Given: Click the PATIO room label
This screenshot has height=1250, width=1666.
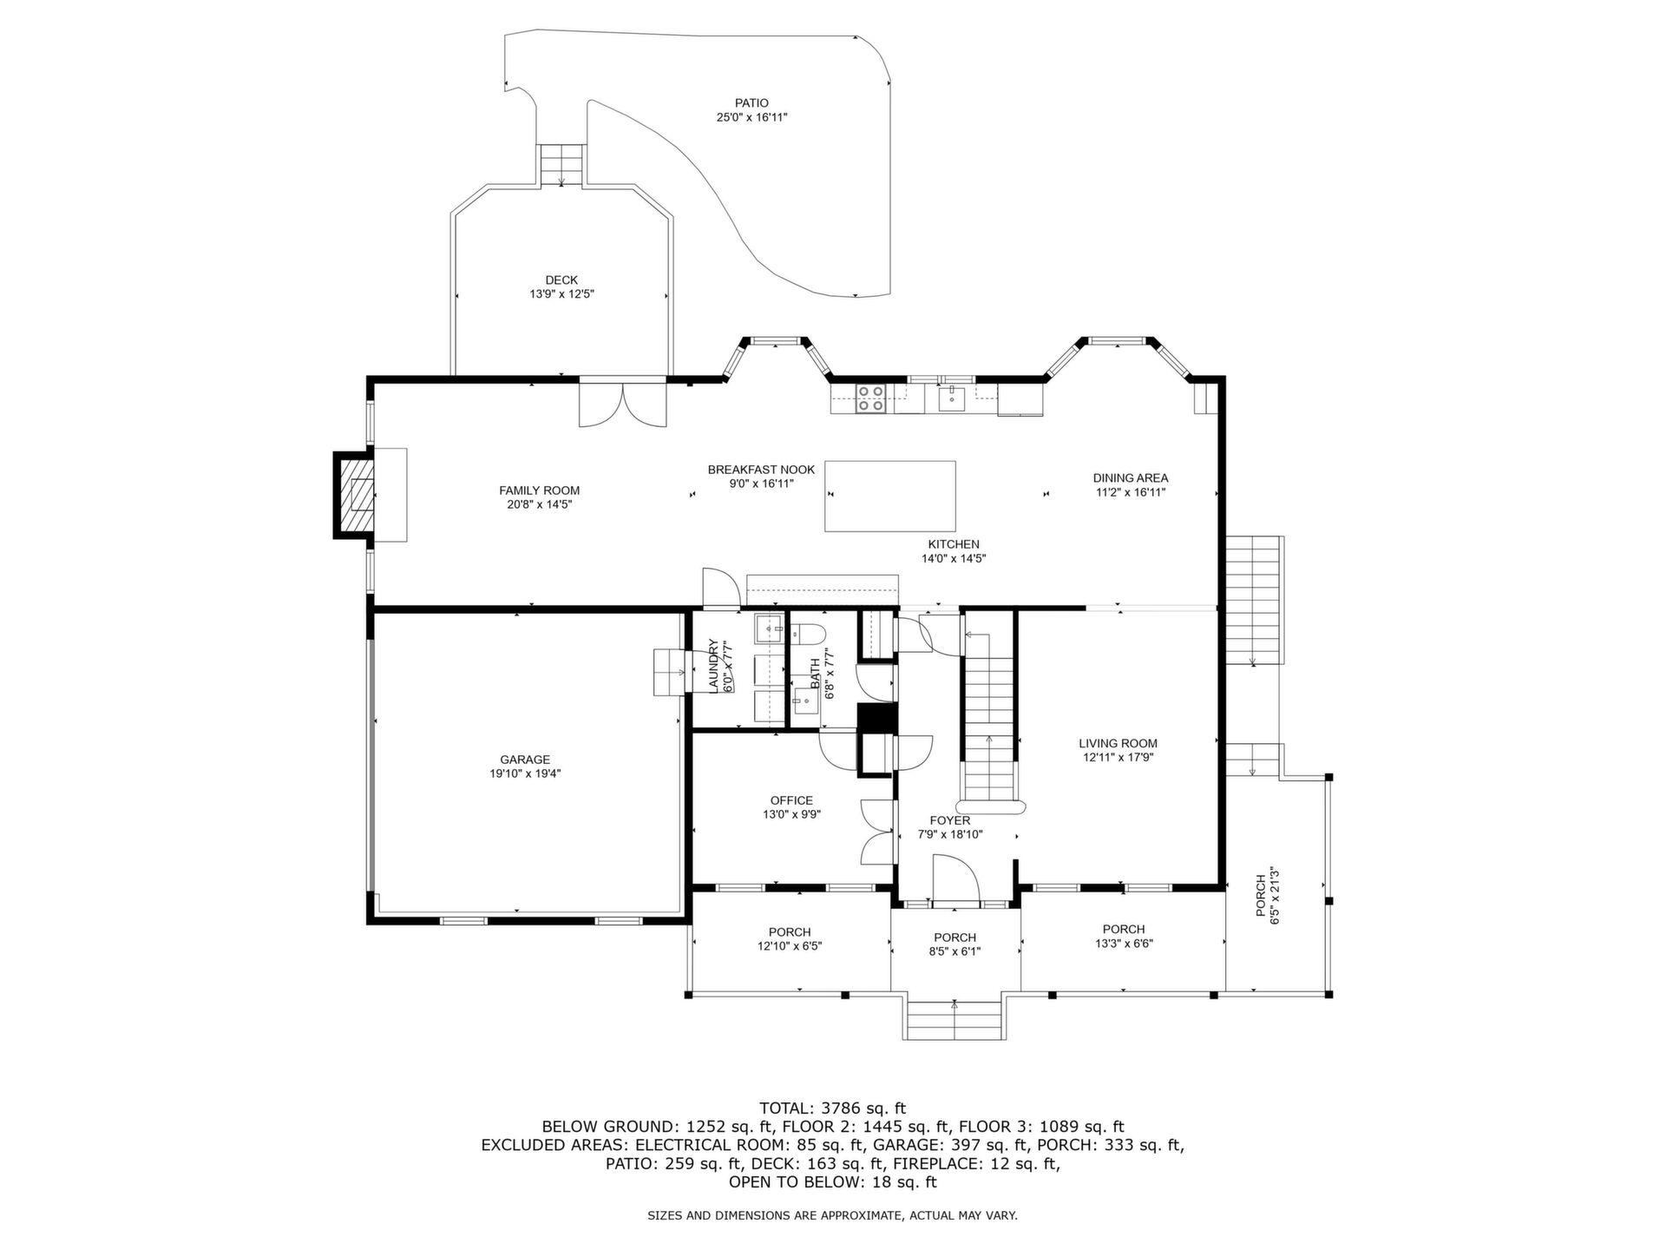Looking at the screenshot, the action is pyautogui.click(x=751, y=103).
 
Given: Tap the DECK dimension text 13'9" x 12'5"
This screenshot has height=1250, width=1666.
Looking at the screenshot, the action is pyautogui.click(x=561, y=294).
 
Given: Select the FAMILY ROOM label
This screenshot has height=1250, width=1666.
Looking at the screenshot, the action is pyautogui.click(x=539, y=490).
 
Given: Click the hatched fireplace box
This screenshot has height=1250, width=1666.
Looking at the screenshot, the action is pyautogui.click(x=354, y=495).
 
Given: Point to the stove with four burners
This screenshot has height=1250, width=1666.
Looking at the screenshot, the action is pyautogui.click(x=871, y=398).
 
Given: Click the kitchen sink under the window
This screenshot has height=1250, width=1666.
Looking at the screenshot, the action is pyautogui.click(x=952, y=398).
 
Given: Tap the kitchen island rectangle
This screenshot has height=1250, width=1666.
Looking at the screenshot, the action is pyautogui.click(x=889, y=496).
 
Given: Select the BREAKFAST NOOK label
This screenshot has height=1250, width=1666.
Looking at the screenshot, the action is pyautogui.click(x=761, y=470).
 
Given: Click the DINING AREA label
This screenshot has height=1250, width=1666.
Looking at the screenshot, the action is pyautogui.click(x=1130, y=477).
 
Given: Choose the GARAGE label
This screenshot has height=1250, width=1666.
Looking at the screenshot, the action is pyautogui.click(x=525, y=760).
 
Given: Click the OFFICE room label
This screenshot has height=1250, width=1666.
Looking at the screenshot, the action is pyautogui.click(x=791, y=800).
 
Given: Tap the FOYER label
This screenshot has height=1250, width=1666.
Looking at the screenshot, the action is pyautogui.click(x=950, y=820).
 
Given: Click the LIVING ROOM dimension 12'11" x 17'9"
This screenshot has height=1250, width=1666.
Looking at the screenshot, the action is pyautogui.click(x=1118, y=757).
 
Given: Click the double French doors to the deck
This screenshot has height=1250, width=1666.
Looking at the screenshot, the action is pyautogui.click(x=623, y=404).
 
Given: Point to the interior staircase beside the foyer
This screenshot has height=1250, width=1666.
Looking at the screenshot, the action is pyautogui.click(x=988, y=711).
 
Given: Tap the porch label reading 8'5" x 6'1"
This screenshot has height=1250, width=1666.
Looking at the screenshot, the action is pyautogui.click(x=954, y=951).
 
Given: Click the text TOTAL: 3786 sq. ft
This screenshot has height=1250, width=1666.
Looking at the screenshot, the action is pyautogui.click(x=832, y=1108).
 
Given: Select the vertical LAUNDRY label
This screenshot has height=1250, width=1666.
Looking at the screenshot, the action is pyautogui.click(x=714, y=666).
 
